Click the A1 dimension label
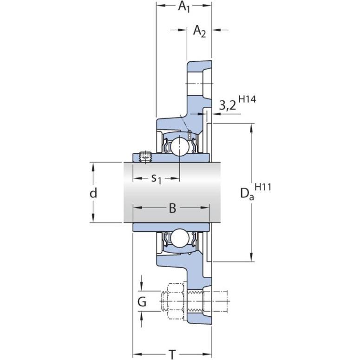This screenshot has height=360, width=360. [184, 7]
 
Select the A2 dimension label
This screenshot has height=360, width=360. [199, 31]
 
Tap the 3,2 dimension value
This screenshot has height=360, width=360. [227, 106]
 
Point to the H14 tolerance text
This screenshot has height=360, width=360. [247, 99]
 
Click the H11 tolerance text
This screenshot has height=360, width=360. [263, 187]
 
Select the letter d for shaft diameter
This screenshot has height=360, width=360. [93, 193]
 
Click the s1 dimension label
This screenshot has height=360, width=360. [157, 179]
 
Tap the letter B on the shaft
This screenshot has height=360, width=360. [172, 208]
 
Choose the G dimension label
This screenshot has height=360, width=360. [142, 301]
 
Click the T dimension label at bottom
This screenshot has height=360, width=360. [172, 354]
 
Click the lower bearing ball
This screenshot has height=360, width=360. [180, 239]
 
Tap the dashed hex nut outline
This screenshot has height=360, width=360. [176, 301]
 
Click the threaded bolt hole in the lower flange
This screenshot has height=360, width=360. [196, 301]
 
